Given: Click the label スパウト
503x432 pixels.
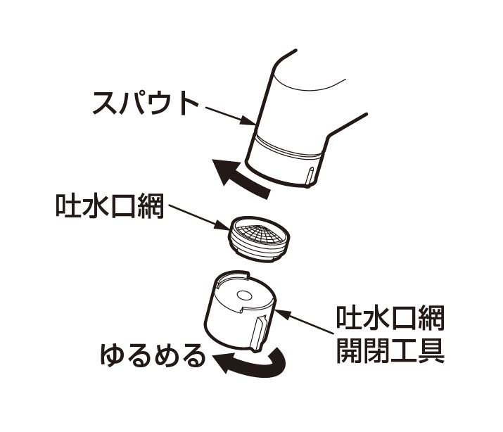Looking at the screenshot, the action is [x=146, y=103].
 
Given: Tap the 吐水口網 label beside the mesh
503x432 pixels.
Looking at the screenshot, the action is [x=110, y=206].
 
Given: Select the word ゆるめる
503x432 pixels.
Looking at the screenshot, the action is [x=153, y=355].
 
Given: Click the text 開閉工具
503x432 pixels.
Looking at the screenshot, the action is [x=390, y=350].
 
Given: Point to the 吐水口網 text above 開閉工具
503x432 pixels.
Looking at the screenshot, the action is [x=390, y=318].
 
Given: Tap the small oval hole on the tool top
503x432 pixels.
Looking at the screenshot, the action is [x=243, y=296].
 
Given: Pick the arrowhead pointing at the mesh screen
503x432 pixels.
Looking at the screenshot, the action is [x=222, y=224].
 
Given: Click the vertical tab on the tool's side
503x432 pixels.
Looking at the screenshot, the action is [x=259, y=333].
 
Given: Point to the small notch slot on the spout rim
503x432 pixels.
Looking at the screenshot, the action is [x=310, y=177].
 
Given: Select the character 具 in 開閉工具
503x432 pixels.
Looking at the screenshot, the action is [x=432, y=350].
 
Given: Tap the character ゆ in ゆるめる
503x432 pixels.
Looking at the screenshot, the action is [x=113, y=355].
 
